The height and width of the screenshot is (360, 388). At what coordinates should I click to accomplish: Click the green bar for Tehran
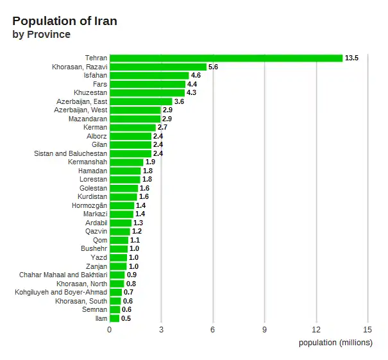[x=226, y=58]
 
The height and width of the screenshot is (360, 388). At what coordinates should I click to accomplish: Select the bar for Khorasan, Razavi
[x=158, y=67]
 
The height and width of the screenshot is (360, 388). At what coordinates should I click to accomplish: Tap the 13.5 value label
[x=351, y=58]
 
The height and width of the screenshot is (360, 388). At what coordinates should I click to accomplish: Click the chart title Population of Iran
[x=65, y=21]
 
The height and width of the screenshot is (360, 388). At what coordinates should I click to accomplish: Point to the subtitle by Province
[x=42, y=35]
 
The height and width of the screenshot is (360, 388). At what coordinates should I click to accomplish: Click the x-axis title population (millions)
[x=335, y=342]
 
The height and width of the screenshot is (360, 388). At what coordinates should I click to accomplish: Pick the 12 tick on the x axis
[x=316, y=329]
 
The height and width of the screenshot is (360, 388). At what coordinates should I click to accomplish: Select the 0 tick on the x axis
[x=110, y=329]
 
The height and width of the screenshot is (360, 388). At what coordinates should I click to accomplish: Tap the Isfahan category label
[x=96, y=76]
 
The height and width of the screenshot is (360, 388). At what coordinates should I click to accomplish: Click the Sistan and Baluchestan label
[x=71, y=153]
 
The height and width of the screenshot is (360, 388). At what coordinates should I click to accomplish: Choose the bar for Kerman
[x=133, y=128]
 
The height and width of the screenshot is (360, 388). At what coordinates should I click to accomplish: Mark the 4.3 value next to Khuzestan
[x=191, y=93]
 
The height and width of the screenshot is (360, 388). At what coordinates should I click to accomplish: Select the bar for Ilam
[x=114, y=318]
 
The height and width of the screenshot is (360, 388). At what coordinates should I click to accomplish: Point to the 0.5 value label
[x=126, y=318]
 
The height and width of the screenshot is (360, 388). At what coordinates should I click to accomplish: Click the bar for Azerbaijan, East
[x=140, y=101]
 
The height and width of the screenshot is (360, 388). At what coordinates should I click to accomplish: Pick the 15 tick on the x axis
[x=368, y=329]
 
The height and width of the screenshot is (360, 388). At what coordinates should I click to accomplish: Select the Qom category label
[x=100, y=240]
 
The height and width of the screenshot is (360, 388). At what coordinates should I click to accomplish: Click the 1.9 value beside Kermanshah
[x=150, y=162]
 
